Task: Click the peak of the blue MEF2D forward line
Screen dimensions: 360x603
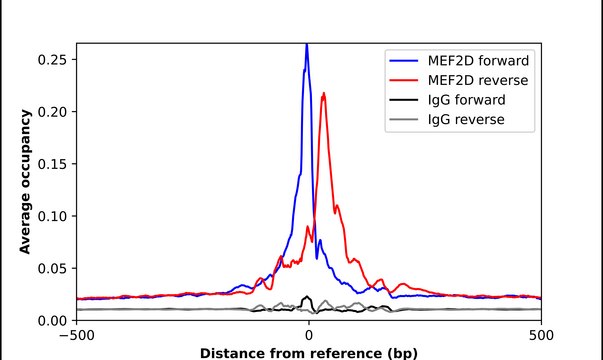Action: coord(307,46)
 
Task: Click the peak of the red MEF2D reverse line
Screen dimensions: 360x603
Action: coord(324,94)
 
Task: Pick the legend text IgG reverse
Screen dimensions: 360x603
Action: coord(467,120)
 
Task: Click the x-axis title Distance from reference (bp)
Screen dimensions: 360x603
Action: coord(308,352)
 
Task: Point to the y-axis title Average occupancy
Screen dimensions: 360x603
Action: coord(26,181)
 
